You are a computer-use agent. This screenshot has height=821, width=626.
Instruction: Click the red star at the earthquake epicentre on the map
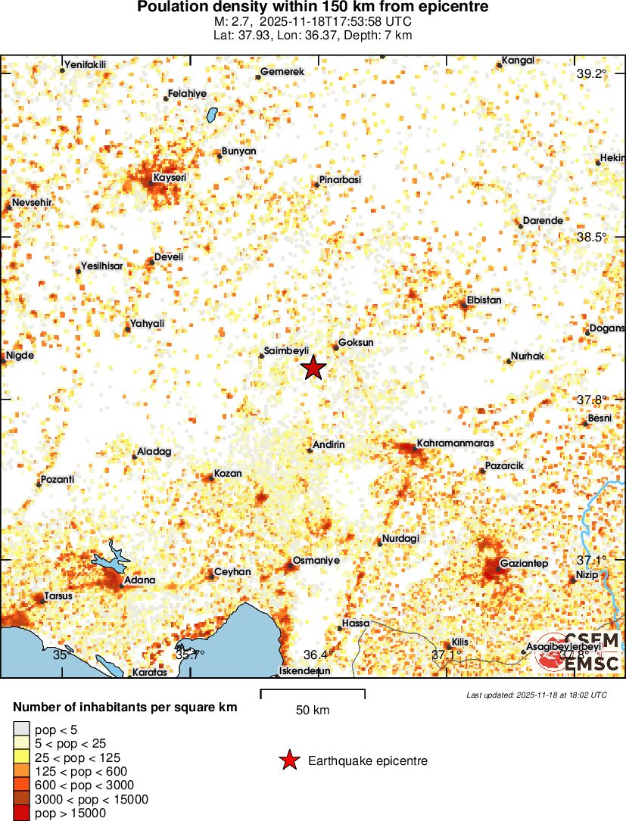[313, 369]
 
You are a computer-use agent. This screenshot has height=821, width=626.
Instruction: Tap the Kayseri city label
[170, 178]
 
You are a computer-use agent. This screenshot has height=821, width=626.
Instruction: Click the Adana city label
[139, 580]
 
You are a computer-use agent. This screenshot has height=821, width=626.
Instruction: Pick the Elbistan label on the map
[484, 300]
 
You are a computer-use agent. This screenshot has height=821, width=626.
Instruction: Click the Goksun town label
[356, 342]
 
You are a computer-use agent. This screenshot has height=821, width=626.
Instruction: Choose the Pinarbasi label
[340, 179]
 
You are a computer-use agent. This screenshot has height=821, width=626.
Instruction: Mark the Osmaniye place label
[316, 561]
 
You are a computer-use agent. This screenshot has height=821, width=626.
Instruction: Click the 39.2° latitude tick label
[592, 73]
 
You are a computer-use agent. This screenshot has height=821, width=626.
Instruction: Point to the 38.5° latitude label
[592, 237]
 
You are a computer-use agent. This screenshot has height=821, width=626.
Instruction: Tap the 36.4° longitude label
[318, 655]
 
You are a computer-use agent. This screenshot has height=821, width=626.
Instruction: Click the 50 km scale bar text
[313, 710]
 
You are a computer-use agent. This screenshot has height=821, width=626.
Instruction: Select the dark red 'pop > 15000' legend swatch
[21, 813]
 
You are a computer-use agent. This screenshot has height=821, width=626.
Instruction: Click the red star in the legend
[288, 760]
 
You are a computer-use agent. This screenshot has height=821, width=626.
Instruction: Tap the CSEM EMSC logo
[578, 652]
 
